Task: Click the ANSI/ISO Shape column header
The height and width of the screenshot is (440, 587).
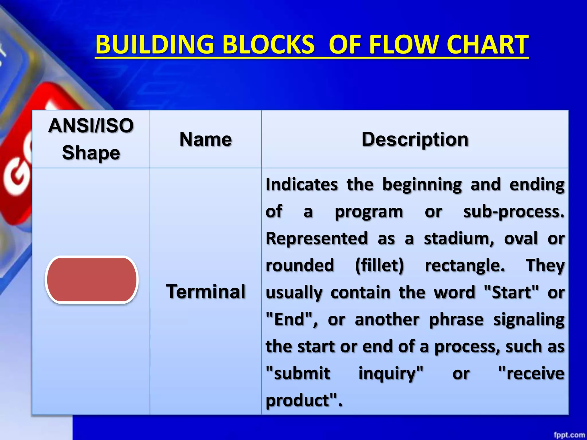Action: pos(91,139)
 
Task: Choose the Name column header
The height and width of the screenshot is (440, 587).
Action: pos(206,140)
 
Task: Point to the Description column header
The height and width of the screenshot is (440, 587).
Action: pos(415,140)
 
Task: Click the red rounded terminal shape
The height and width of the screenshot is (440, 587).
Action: pos(92,279)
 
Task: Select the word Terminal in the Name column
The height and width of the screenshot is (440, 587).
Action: pos(206,292)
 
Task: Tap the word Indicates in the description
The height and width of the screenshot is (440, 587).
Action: pos(302,184)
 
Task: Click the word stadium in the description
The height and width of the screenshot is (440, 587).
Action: pos(459,238)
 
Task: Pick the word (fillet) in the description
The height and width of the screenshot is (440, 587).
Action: pos(379,265)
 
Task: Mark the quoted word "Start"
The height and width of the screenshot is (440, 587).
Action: pos(511,292)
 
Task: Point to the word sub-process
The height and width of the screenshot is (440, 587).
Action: pos(514,212)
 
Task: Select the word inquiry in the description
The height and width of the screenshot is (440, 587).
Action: pos(390,374)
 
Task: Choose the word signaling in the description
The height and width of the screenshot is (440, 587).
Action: pos(529,319)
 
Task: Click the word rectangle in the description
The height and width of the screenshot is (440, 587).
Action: pos(464,265)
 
